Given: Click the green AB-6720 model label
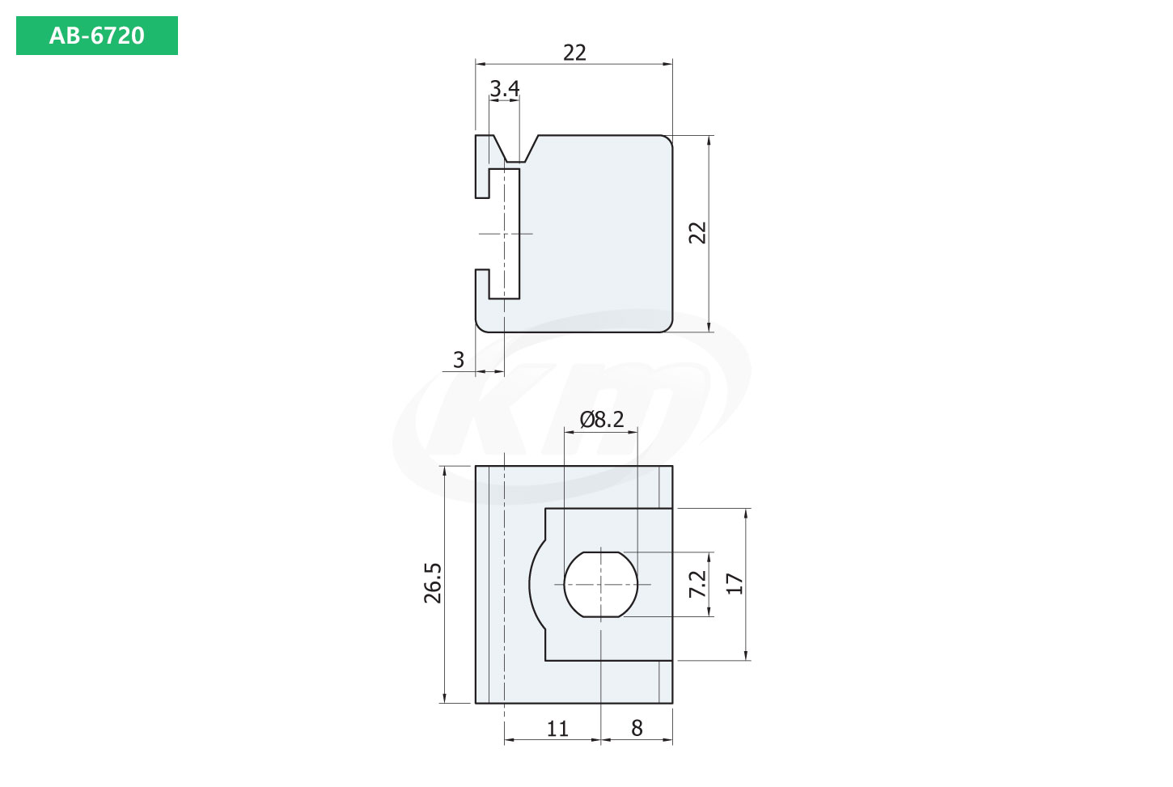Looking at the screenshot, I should click(96, 36).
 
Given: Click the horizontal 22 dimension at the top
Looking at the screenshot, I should click(574, 53).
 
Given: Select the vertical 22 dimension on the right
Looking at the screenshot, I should click(697, 232).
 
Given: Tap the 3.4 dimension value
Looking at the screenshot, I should click(505, 88).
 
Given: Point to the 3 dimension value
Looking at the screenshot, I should click(459, 360).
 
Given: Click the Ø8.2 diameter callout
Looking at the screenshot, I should click(602, 419).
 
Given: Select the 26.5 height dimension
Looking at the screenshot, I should click(434, 583).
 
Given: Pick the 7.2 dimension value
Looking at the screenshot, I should click(697, 584).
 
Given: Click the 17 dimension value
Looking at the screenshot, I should click(735, 584).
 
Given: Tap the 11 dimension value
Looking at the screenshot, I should click(557, 729).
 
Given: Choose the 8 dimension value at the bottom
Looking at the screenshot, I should click(637, 729).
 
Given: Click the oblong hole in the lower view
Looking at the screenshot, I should click(601, 584).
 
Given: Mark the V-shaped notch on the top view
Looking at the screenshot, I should click(518, 151).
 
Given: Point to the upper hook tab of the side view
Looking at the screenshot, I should click(483, 166).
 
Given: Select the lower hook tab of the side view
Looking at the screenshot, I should click(482, 282).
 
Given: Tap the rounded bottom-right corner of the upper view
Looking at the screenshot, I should click(666, 325).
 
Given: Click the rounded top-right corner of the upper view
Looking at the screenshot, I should click(666, 142).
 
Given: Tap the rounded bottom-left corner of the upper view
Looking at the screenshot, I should click(482, 325).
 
